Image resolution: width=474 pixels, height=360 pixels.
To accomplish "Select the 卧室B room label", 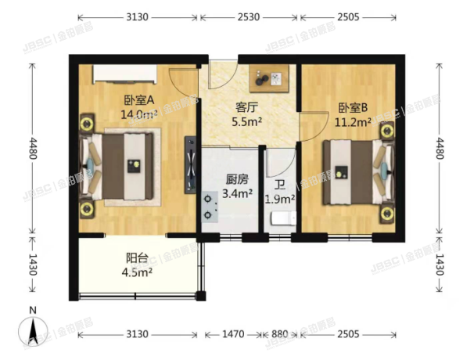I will [x=353, y=109].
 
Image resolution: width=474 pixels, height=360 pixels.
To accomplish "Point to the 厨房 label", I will [x=236, y=179].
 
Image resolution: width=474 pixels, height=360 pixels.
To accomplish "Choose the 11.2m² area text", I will [x=354, y=122].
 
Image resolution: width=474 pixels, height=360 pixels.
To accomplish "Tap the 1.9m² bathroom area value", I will [x=279, y=200].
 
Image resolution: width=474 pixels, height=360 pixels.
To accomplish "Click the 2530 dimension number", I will [x=249, y=16].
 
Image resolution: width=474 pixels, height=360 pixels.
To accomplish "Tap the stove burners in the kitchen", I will [x=210, y=205].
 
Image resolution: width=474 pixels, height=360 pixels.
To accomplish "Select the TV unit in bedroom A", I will [x=190, y=165].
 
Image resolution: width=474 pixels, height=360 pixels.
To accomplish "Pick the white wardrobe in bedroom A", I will [x=127, y=74].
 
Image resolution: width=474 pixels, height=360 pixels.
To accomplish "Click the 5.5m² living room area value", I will [x=248, y=123].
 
